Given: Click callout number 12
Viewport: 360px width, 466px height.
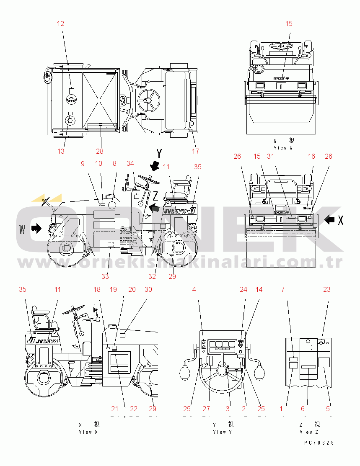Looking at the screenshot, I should point(61,23).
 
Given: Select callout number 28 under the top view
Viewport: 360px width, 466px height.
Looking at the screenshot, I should point(100,151).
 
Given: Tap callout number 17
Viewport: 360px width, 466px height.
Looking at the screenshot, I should point(195,151).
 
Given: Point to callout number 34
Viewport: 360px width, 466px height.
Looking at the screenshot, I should point(130,163).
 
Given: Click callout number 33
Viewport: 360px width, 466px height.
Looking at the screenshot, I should point(105,276).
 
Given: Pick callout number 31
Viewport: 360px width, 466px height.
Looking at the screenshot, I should point(270,157).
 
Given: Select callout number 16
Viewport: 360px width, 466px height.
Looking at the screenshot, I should point(311,157).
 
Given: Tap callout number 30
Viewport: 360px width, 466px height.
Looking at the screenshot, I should point(148,289).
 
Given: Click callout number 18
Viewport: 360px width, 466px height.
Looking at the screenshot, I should point(97,289).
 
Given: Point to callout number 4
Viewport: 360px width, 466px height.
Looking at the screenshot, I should point(194,289).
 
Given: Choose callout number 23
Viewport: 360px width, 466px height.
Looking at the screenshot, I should point(327,289).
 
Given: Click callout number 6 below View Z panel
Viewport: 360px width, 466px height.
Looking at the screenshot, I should point(303,409).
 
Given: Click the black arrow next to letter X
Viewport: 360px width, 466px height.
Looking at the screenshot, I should point(330,219).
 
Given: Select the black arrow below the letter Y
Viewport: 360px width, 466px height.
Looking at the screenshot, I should point(155,166).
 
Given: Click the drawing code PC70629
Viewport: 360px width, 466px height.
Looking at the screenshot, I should point(319,443).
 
